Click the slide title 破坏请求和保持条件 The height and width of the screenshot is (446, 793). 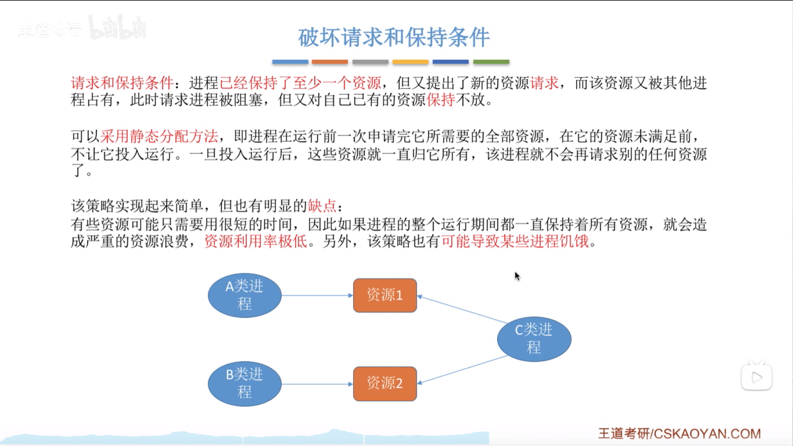coord(394,37)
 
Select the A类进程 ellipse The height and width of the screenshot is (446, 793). coord(245,295)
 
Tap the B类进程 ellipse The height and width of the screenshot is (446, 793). coord(245,384)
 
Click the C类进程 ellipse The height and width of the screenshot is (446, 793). coord(534,339)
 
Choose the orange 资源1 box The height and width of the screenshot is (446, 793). coord(385,295)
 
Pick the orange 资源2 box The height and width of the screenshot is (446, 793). coord(385,384)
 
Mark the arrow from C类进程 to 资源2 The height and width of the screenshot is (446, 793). coord(463,370)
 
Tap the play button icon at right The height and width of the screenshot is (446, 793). coord(756,377)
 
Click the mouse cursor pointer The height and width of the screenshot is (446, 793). coord(517,276)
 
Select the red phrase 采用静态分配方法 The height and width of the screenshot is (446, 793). coord(159,136)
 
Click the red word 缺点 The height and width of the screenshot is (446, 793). coord(322,206)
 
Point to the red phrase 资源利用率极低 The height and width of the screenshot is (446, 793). coord(256,241)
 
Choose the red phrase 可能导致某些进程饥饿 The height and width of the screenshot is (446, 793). coord(515,241)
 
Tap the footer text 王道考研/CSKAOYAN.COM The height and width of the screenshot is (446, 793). coord(679,434)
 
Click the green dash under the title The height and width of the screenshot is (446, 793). coord(491,62)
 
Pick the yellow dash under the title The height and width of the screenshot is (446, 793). coord(410,62)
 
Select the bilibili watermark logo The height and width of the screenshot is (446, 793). coord(117,28)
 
